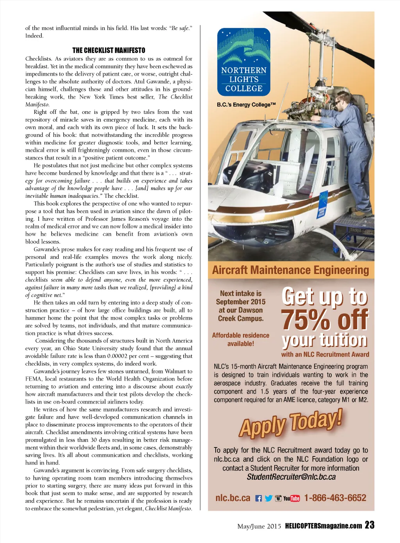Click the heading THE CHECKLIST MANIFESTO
click(x=109, y=50)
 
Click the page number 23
click(x=370, y=525)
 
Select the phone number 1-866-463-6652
click(x=335, y=498)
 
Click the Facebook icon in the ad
click(x=259, y=498)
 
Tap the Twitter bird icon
click(x=268, y=498)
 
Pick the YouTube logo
click(x=291, y=498)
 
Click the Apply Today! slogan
click(x=291, y=422)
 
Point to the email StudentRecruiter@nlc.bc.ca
click(x=291, y=477)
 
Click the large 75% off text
click(x=325, y=320)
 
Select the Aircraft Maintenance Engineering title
click(x=291, y=270)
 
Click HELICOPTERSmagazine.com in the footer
click(x=323, y=526)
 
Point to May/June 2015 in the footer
click(x=259, y=526)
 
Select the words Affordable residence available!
click(x=241, y=339)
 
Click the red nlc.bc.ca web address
click(x=233, y=498)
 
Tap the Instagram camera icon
click(x=278, y=498)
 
